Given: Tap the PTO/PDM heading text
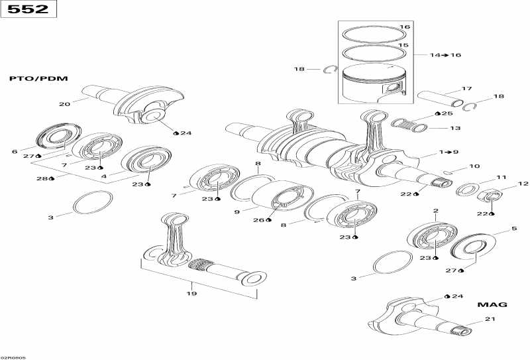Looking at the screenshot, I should click(38, 78).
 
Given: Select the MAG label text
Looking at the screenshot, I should click(492, 304).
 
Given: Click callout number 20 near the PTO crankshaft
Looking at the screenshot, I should click(64, 104).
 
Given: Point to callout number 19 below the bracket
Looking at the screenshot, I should click(191, 293).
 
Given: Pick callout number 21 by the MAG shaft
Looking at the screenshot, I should click(490, 320).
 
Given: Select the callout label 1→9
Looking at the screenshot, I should click(448, 152).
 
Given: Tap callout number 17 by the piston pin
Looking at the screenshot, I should click(466, 88).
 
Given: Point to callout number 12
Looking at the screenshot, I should click(523, 184).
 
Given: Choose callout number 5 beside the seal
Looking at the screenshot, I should click(513, 229).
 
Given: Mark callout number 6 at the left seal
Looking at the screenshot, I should click(15, 152).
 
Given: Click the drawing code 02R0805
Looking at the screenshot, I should click(13, 356).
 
